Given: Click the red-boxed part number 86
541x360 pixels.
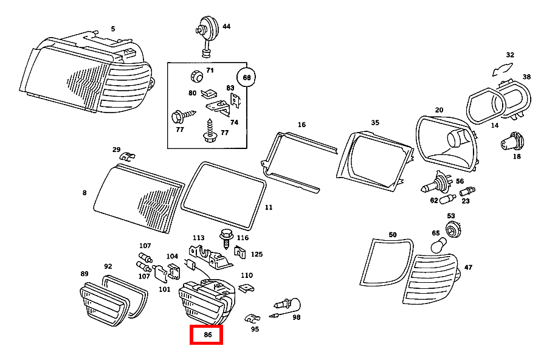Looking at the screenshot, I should point(207,334).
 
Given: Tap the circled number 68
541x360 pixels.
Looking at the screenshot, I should point(247,78).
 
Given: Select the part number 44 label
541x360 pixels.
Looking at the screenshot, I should point(226,27).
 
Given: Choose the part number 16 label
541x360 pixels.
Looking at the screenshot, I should point(302,125).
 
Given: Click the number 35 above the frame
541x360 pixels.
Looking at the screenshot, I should point(375,122).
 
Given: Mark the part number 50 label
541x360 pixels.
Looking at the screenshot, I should point(392,235).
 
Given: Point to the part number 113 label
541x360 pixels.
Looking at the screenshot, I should point(199,238).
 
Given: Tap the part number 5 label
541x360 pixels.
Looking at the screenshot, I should point(112,29).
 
